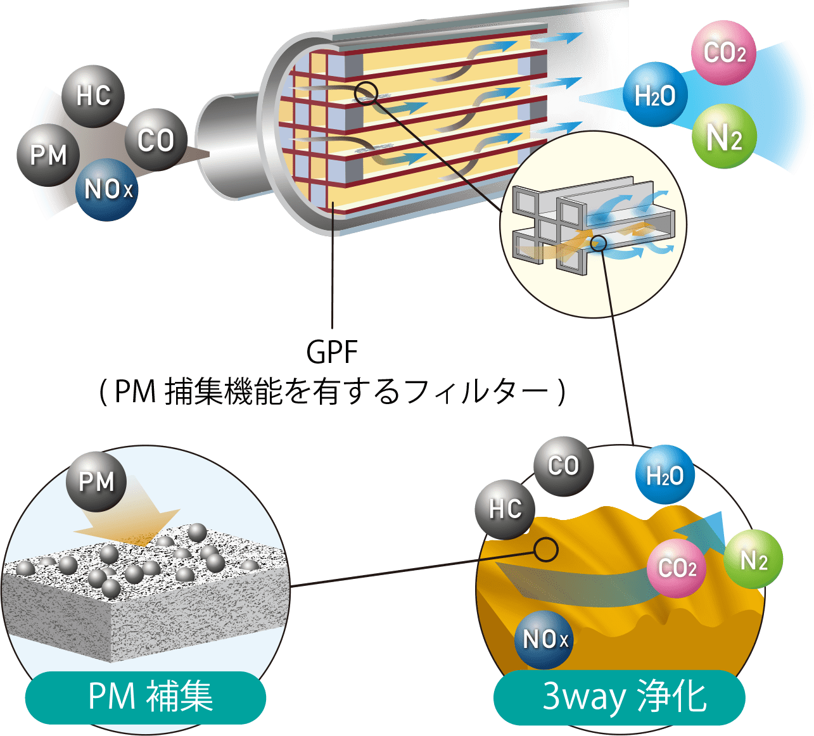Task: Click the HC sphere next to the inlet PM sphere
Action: click(93, 96)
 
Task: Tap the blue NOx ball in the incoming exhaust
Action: click(108, 189)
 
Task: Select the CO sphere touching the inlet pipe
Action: click(155, 140)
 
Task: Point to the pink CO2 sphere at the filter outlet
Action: click(725, 53)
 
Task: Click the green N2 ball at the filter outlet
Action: click(723, 137)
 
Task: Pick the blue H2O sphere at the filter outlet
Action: click(655, 96)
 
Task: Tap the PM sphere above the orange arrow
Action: click(96, 481)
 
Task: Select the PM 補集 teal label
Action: click(146, 697)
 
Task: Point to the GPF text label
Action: click(332, 352)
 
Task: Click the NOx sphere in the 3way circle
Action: click(545, 639)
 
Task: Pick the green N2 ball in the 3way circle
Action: click(753, 561)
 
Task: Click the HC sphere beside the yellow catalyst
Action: click(505, 509)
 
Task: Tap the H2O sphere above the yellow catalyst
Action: click(665, 476)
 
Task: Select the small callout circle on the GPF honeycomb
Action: click(366, 94)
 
